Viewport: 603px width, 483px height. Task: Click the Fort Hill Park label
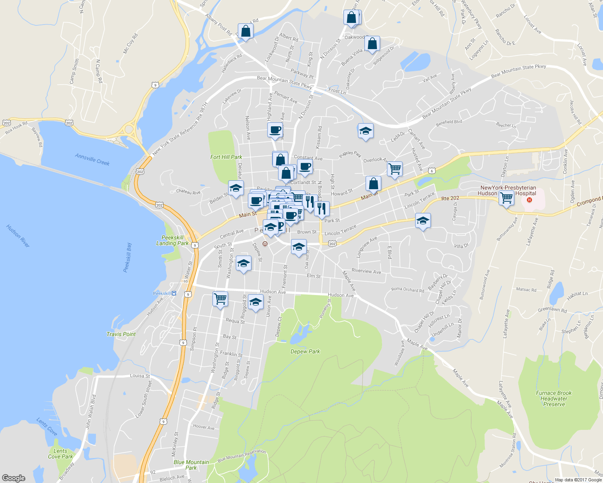tap(226, 157)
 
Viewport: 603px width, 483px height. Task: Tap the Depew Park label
tap(305, 351)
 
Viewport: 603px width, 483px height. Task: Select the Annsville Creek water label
tap(92, 159)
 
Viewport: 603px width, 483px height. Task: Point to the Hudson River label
tap(18, 236)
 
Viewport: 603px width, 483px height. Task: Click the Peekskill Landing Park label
tap(172, 240)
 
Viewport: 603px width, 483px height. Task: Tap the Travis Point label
tap(121, 334)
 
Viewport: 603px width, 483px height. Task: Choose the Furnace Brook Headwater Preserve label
tap(554, 398)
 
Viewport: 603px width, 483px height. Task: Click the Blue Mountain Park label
tap(191, 465)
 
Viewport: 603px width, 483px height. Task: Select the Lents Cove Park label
tap(60, 454)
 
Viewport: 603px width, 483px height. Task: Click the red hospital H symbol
tap(530, 200)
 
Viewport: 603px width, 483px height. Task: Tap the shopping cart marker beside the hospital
tap(506, 198)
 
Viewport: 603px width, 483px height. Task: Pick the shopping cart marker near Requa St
tap(220, 299)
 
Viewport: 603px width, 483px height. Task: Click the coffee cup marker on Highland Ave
tap(275, 130)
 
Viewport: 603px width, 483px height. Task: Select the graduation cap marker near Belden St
tap(236, 188)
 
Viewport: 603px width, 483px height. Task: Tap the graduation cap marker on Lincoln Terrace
tap(422, 221)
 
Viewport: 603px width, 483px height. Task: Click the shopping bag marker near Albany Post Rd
tap(245, 31)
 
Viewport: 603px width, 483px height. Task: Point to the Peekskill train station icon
tap(174, 293)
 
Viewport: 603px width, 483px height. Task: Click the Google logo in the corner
tap(13, 478)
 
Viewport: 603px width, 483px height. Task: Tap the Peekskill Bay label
tap(127, 258)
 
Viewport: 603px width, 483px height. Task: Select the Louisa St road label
tap(140, 376)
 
